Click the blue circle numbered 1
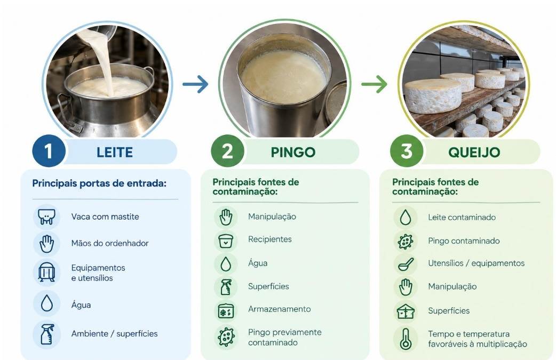(49, 151)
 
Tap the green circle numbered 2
(227, 151)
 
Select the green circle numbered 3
(407, 151)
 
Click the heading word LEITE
(115, 153)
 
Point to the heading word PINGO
(293, 153)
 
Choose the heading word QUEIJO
(474, 153)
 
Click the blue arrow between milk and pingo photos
(195, 84)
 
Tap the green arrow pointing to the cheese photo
(374, 84)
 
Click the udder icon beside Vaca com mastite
(47, 217)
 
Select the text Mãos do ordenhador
(109, 243)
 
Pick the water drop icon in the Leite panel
(47, 303)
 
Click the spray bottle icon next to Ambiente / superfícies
(47, 334)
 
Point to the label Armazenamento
(279, 309)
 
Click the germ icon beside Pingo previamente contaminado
(226, 337)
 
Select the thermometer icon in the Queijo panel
(406, 339)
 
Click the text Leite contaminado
(462, 217)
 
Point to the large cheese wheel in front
(433, 95)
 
